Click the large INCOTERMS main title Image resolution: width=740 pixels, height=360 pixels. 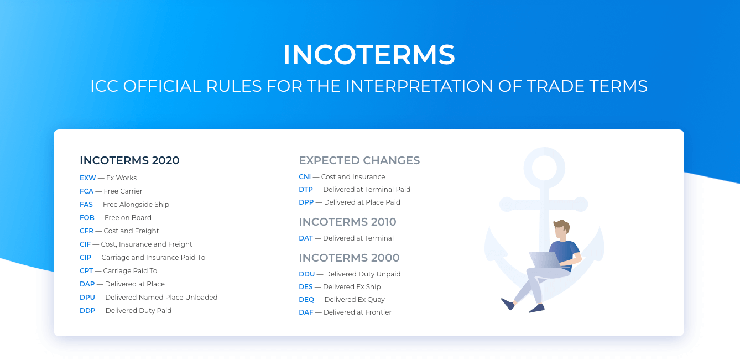(x=369, y=55)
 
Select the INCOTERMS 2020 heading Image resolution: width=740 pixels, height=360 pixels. (x=129, y=160)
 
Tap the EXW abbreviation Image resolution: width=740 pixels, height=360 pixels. (x=87, y=178)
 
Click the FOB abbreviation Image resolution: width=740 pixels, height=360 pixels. (x=87, y=218)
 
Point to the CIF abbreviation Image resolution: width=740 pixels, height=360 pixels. (x=85, y=244)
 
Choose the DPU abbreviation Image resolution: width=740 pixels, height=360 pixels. (x=87, y=298)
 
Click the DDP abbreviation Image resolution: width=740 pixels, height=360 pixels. (x=87, y=311)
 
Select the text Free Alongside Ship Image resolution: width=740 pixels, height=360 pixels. (x=136, y=205)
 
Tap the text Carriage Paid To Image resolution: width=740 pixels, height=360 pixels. (x=130, y=271)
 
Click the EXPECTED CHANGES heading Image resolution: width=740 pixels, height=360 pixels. (x=359, y=160)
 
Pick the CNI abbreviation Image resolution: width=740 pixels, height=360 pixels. (x=305, y=177)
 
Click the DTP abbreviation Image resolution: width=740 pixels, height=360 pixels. (x=306, y=190)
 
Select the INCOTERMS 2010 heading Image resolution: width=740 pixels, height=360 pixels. (x=347, y=222)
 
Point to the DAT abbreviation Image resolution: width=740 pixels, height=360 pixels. (x=306, y=238)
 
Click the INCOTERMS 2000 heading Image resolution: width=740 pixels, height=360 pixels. (x=349, y=258)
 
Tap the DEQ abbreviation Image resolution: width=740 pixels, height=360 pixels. (x=306, y=300)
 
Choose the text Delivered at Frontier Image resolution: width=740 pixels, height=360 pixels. (x=357, y=312)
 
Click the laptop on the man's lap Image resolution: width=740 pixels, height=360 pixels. (x=545, y=260)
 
